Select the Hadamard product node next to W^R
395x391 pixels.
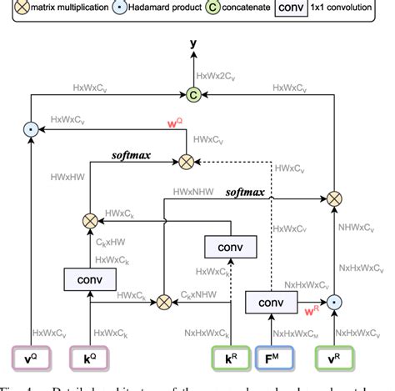click(x=333, y=301)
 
